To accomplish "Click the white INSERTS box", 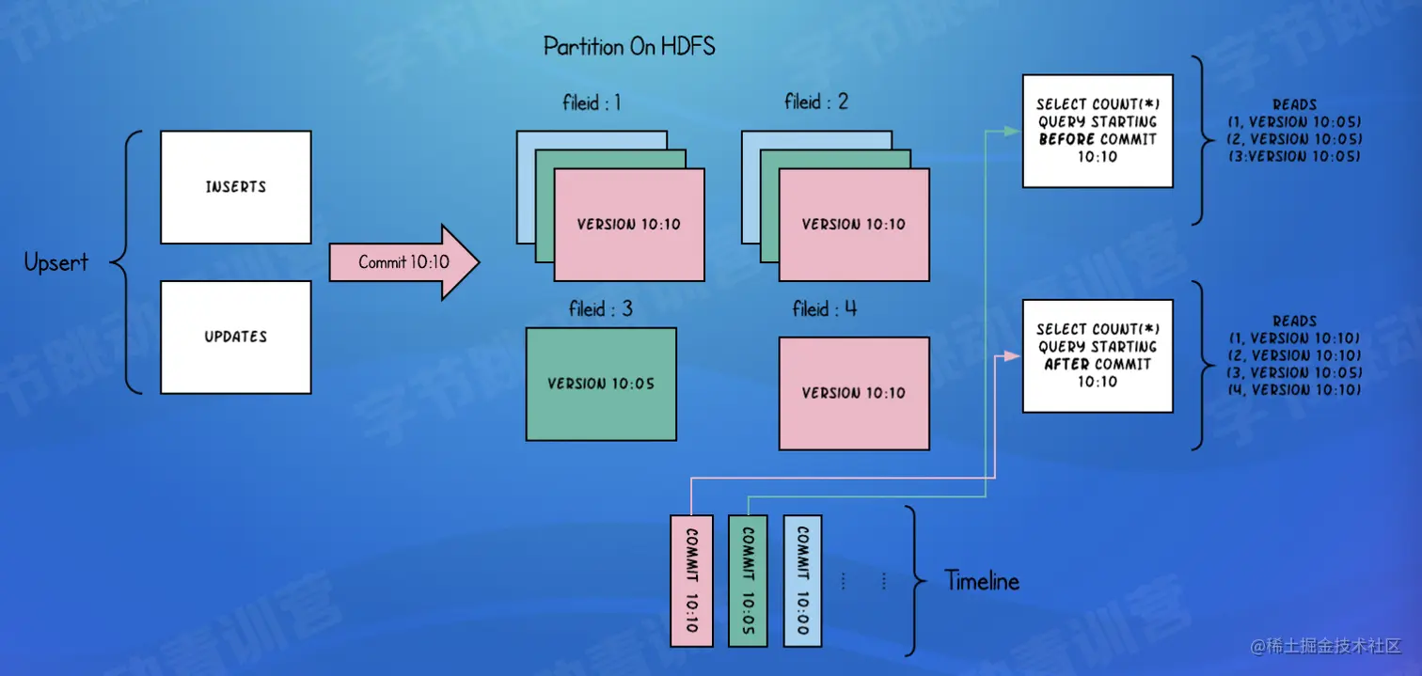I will pos(235,187).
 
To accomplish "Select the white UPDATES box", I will pos(235,337).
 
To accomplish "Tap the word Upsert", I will pos(56,262).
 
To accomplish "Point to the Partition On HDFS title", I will pos(629,46).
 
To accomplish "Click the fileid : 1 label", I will pos(592,102).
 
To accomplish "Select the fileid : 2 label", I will pos(816,102).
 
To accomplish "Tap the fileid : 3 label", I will pos(600,309).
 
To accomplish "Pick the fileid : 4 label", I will pos(825,308).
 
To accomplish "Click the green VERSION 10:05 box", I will pos(601,384).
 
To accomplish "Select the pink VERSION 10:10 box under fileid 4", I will pos(854,393).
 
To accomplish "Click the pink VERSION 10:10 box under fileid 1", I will pos(629,225).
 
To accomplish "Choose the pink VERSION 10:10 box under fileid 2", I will pos(854,225).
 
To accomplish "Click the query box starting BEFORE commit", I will pos(1098,131).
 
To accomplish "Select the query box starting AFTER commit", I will pos(1098,355).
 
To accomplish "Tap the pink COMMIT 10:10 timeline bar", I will pos(691,580).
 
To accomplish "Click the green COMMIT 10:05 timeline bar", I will pos(748,580).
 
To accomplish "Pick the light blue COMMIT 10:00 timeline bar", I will pos(803,580).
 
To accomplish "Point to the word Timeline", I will pos(982,581).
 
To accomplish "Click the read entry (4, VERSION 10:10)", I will pos(1294,389).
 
